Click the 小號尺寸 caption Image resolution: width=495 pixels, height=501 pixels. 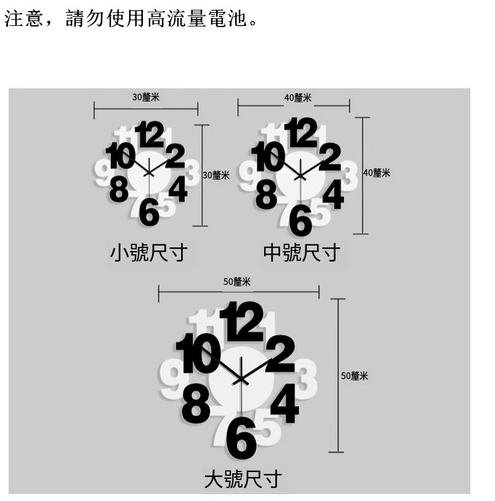[x=148, y=252]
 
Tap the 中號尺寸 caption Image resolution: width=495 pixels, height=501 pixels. [x=301, y=252]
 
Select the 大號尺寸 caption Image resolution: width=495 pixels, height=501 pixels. [x=243, y=479]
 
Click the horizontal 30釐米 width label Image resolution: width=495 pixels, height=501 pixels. [x=146, y=97]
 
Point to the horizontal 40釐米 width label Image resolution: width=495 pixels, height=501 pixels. [x=297, y=98]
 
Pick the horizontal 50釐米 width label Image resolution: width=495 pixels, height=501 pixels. [x=237, y=282]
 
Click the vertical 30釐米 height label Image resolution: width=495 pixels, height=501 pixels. [x=216, y=175]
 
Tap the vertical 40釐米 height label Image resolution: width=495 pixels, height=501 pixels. [x=377, y=173]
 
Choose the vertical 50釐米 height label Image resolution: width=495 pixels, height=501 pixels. [x=355, y=375]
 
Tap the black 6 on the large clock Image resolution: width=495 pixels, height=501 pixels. [x=241, y=438]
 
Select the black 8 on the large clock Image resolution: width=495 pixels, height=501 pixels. [x=196, y=403]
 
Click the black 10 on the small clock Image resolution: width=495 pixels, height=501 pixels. [x=120, y=156]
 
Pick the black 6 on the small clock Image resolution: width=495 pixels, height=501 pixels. [x=149, y=212]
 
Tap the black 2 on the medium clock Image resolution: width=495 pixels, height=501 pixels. [x=330, y=157]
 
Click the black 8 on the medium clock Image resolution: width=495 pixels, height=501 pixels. [x=266, y=195]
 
